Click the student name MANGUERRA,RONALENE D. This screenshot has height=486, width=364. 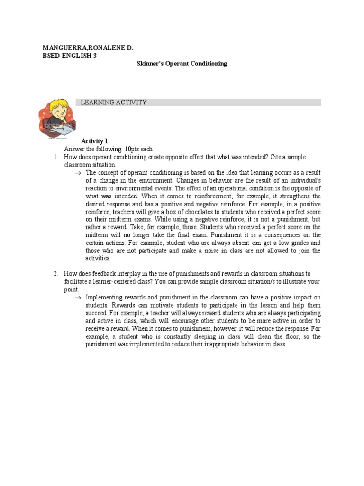coord(88,48)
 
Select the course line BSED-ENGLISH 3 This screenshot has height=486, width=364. coord(69,56)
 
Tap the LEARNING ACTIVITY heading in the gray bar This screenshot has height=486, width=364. coord(114,103)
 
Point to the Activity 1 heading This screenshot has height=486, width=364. coord(95,141)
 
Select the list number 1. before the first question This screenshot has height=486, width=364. coord(55,157)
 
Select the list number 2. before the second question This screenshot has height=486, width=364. coord(55,274)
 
